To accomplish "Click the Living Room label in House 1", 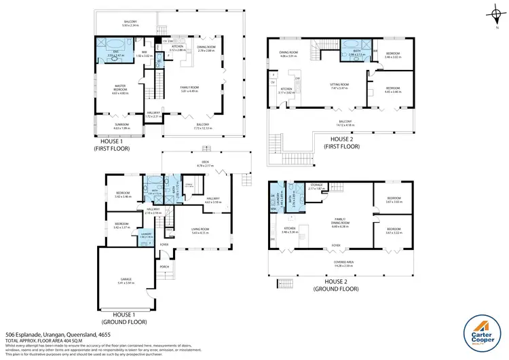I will tap(200, 231).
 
